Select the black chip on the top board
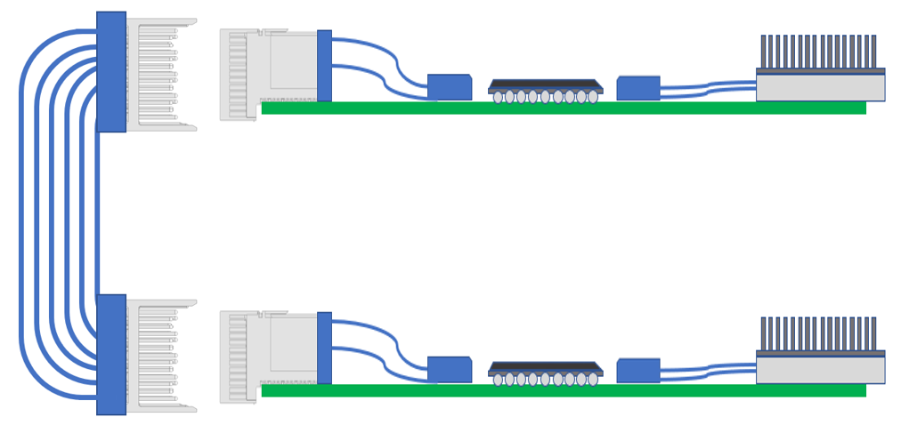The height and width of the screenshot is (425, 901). coord(545,85)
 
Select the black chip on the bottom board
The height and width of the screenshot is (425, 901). coord(545,368)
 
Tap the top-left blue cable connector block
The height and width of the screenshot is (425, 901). coord(111,71)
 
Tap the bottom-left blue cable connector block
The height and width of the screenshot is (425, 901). coord(111,354)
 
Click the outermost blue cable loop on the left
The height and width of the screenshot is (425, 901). coord(22,213)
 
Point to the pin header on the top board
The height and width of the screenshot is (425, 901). coord(818,52)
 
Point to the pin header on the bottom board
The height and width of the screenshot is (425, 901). coord(818,333)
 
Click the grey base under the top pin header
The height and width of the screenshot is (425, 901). coord(820,87)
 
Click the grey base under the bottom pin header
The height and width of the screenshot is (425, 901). coord(820,370)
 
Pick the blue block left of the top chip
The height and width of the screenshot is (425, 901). coord(450,87)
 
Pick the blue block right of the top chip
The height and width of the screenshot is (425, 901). coord(638,88)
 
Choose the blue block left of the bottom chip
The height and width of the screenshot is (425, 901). coord(450,370)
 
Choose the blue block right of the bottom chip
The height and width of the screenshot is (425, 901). coord(638,371)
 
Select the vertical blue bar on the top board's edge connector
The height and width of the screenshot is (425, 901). coord(324,66)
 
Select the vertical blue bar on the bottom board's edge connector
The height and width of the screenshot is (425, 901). coord(324,348)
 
